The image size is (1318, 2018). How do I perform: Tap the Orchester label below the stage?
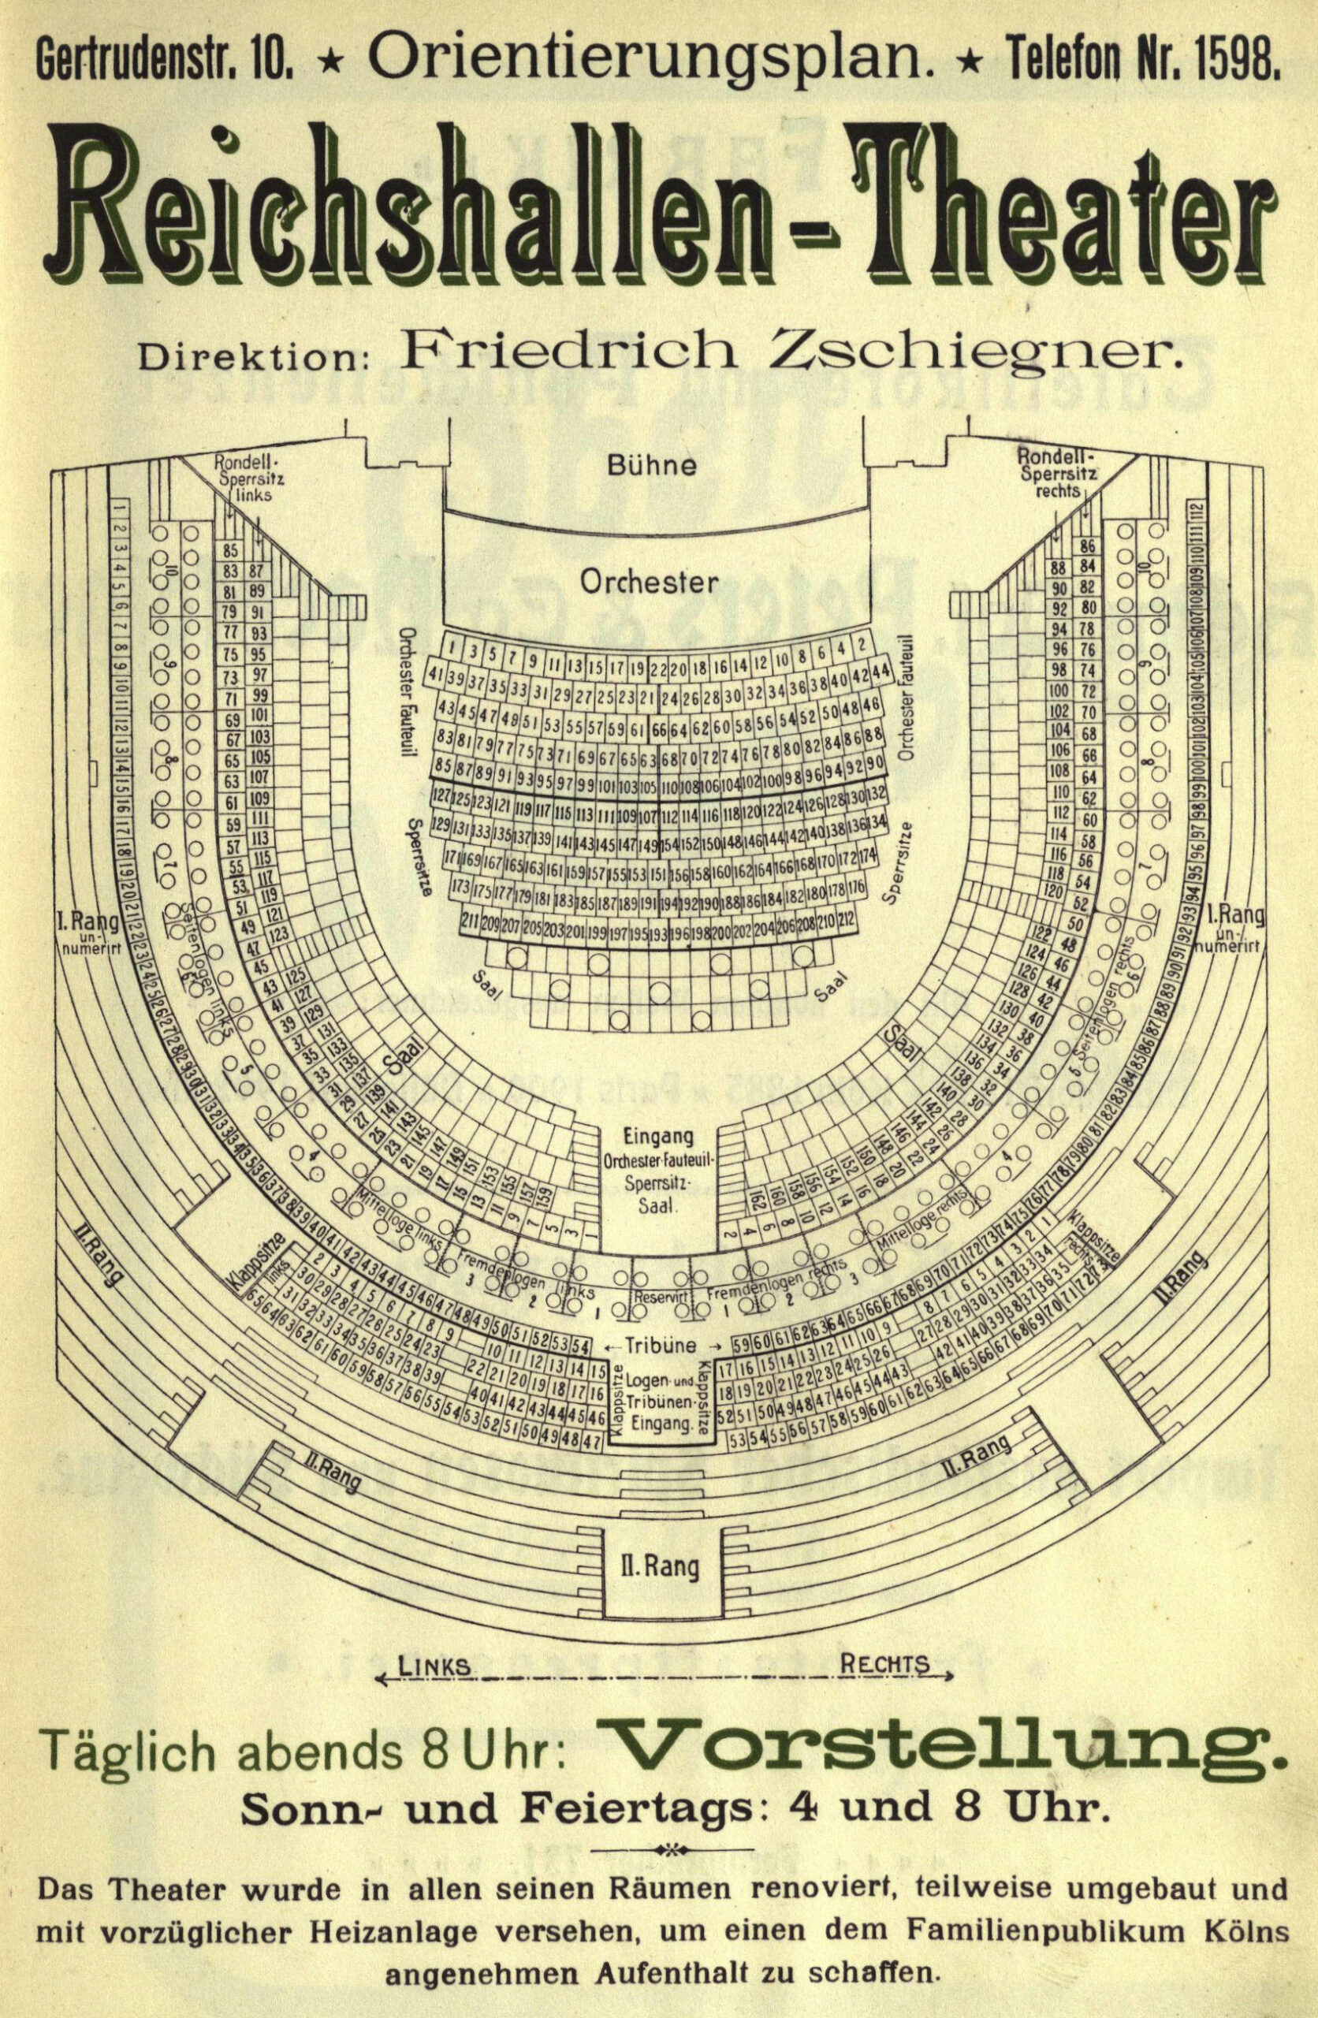click(x=650, y=582)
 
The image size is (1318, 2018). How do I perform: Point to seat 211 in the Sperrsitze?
click(x=471, y=920)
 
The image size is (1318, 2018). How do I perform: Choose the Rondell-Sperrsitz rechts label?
click(x=1058, y=475)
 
